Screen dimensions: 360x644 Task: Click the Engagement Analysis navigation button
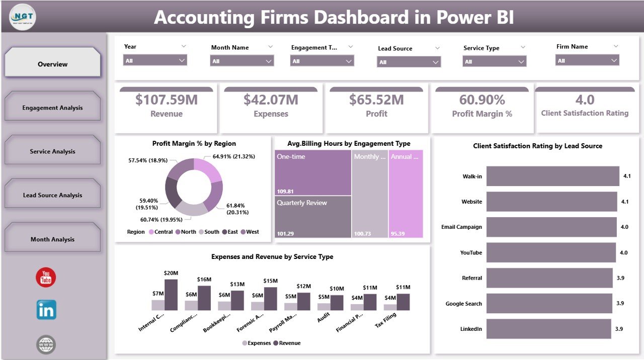(x=52, y=108)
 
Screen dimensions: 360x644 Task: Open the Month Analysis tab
(x=52, y=239)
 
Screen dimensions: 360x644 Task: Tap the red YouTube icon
(x=46, y=278)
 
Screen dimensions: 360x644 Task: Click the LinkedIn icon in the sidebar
(x=46, y=310)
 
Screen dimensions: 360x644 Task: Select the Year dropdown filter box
(x=155, y=60)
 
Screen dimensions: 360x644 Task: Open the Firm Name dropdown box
(x=587, y=60)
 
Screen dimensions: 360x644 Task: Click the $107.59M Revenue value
(x=166, y=100)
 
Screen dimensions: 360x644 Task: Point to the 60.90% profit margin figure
(x=481, y=100)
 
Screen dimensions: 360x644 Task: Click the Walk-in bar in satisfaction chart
(x=552, y=176)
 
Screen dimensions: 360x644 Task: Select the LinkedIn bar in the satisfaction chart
(x=548, y=329)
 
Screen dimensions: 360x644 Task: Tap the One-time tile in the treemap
(x=313, y=172)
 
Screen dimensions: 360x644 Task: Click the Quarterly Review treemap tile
(x=313, y=217)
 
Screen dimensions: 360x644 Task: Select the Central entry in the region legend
(x=160, y=232)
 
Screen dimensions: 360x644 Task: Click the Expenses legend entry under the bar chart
(x=257, y=343)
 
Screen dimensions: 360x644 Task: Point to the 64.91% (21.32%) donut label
(x=234, y=156)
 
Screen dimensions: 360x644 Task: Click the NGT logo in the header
(x=23, y=17)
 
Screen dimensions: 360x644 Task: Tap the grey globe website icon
(x=46, y=344)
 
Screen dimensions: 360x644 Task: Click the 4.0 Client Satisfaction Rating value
(x=584, y=100)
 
